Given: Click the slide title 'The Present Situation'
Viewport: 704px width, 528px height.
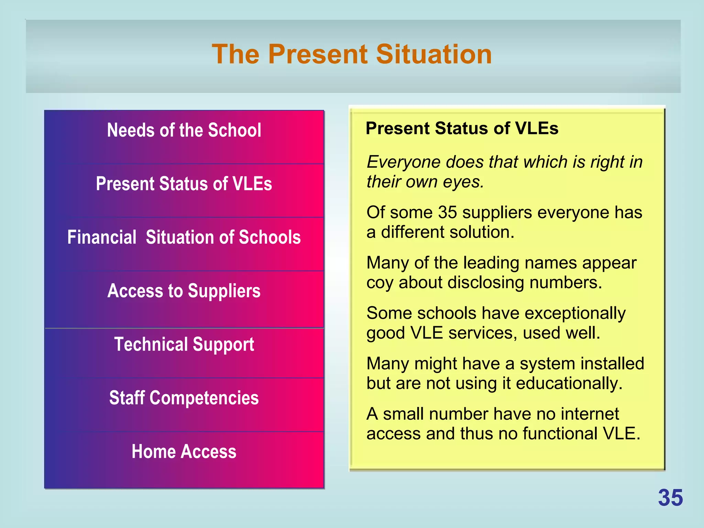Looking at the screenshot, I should tap(352, 54).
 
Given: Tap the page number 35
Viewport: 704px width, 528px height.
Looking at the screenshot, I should tap(670, 498).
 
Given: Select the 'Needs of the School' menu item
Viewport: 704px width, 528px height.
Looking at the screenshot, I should tap(184, 130).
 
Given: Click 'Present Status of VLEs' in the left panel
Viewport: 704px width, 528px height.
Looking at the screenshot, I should tap(184, 184).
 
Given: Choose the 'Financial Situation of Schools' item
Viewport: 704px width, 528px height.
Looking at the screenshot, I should tap(184, 237).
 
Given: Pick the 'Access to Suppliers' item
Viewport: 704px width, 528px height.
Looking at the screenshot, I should tap(184, 291).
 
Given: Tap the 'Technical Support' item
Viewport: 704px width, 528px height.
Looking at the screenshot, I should tap(184, 344).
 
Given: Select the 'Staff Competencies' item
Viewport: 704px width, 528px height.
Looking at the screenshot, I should tap(184, 398).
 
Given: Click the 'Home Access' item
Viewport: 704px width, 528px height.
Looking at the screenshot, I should tap(184, 451).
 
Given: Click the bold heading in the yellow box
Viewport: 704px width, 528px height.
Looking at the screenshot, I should tap(462, 129).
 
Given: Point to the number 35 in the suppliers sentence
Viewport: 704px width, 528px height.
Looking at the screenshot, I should tap(448, 212).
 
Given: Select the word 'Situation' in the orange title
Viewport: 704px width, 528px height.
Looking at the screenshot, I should tap(434, 54).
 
